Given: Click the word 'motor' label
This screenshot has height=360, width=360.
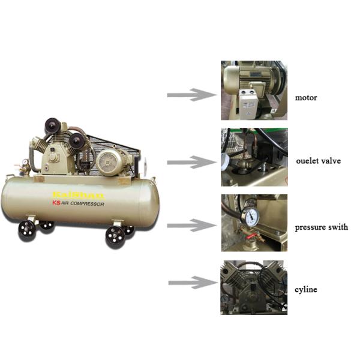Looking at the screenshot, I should click(306, 97).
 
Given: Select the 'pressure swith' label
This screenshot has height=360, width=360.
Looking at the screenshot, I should click(321, 227).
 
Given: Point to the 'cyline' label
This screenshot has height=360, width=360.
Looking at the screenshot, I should click(306, 290).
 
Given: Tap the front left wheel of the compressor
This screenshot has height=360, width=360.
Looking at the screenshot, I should click(26, 230).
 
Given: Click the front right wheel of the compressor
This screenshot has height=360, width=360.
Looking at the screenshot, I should click(115, 236).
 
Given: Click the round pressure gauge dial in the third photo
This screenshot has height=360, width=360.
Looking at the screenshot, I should click(250, 217).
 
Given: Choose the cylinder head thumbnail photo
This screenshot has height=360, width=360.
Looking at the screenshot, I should click(254, 287).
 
